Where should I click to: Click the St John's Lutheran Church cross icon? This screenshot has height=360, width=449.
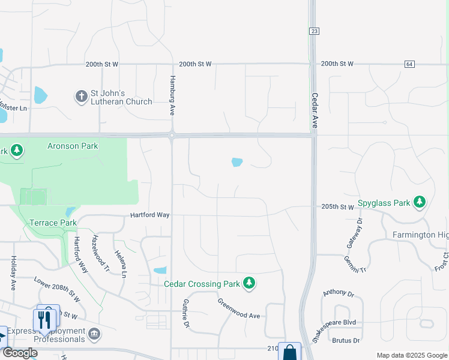click(x=81, y=96)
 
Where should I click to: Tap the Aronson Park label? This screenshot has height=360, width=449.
click(x=73, y=146)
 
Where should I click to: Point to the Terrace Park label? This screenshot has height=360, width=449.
click(x=53, y=223)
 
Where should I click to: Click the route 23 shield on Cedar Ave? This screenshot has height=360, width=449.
click(x=313, y=31)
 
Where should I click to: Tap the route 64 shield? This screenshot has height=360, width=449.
click(x=409, y=64)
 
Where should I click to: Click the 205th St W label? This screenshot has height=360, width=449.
click(x=337, y=207)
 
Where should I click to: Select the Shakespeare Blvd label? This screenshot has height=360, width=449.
click(x=338, y=323)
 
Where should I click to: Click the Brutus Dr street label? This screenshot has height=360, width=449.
click(x=345, y=340)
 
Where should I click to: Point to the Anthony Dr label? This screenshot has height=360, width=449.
click(x=339, y=293)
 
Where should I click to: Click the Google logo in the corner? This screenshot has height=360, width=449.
click(x=20, y=353)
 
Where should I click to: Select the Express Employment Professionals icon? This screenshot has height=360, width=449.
click(x=94, y=334)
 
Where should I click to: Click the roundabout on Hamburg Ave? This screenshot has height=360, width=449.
click(x=172, y=136)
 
